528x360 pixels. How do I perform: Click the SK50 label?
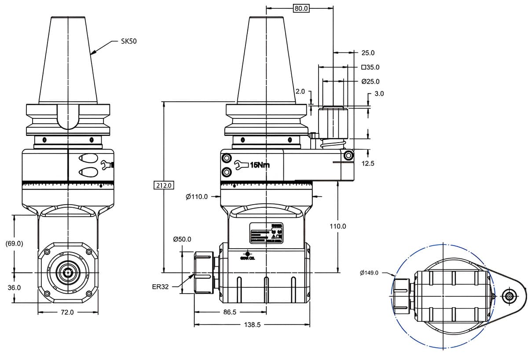128,41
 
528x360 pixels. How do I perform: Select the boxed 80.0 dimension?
301,8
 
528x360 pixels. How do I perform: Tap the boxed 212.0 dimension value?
163,185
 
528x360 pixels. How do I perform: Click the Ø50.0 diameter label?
182,239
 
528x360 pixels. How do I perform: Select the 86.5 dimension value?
230,312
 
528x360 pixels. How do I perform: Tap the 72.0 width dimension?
67,312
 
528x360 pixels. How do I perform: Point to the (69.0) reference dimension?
14,243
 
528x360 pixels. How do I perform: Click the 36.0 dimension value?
14,287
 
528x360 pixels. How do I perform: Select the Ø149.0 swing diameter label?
369,273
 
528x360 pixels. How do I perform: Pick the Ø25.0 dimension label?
370,81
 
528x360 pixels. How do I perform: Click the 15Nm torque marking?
260,165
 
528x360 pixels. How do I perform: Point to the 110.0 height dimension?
337,226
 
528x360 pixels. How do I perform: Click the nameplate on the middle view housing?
266,233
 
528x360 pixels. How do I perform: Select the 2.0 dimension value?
300,92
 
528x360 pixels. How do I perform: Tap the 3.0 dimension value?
379,94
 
